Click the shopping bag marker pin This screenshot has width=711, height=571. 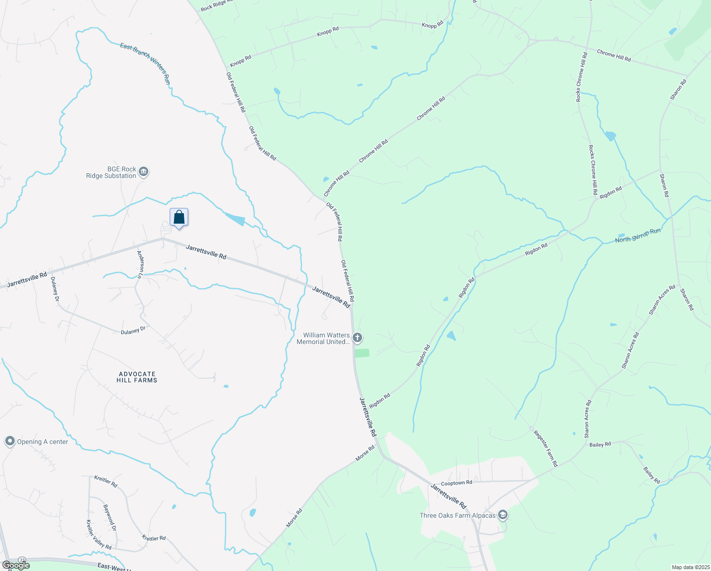pos(179,218)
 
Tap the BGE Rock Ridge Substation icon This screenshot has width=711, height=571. pos(144,172)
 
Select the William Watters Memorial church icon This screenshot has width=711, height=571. pos(357,338)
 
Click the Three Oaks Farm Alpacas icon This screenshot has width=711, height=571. pos(503,515)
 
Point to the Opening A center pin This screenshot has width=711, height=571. pos(10,442)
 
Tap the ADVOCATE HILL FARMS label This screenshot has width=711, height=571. pos(137,377)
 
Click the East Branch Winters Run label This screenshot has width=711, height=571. pos(145,63)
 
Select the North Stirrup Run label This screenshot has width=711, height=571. pos(637,236)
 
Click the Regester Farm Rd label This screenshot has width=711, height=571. pos(546,448)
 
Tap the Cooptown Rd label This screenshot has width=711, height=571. pos(456,482)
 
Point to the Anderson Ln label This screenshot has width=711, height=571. pos(140,264)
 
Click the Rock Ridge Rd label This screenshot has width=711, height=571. pos(217,5)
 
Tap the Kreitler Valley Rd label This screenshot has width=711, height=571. pos(99,534)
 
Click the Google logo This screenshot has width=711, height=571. pos(16,565)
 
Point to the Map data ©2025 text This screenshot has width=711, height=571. pos(690,567)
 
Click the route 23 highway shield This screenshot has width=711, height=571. pos(22,560)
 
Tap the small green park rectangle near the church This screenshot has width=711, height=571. pos(362,353)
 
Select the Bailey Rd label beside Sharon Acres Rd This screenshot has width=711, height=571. pos(600,444)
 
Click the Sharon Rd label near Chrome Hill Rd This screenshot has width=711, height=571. pos(678,89)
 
